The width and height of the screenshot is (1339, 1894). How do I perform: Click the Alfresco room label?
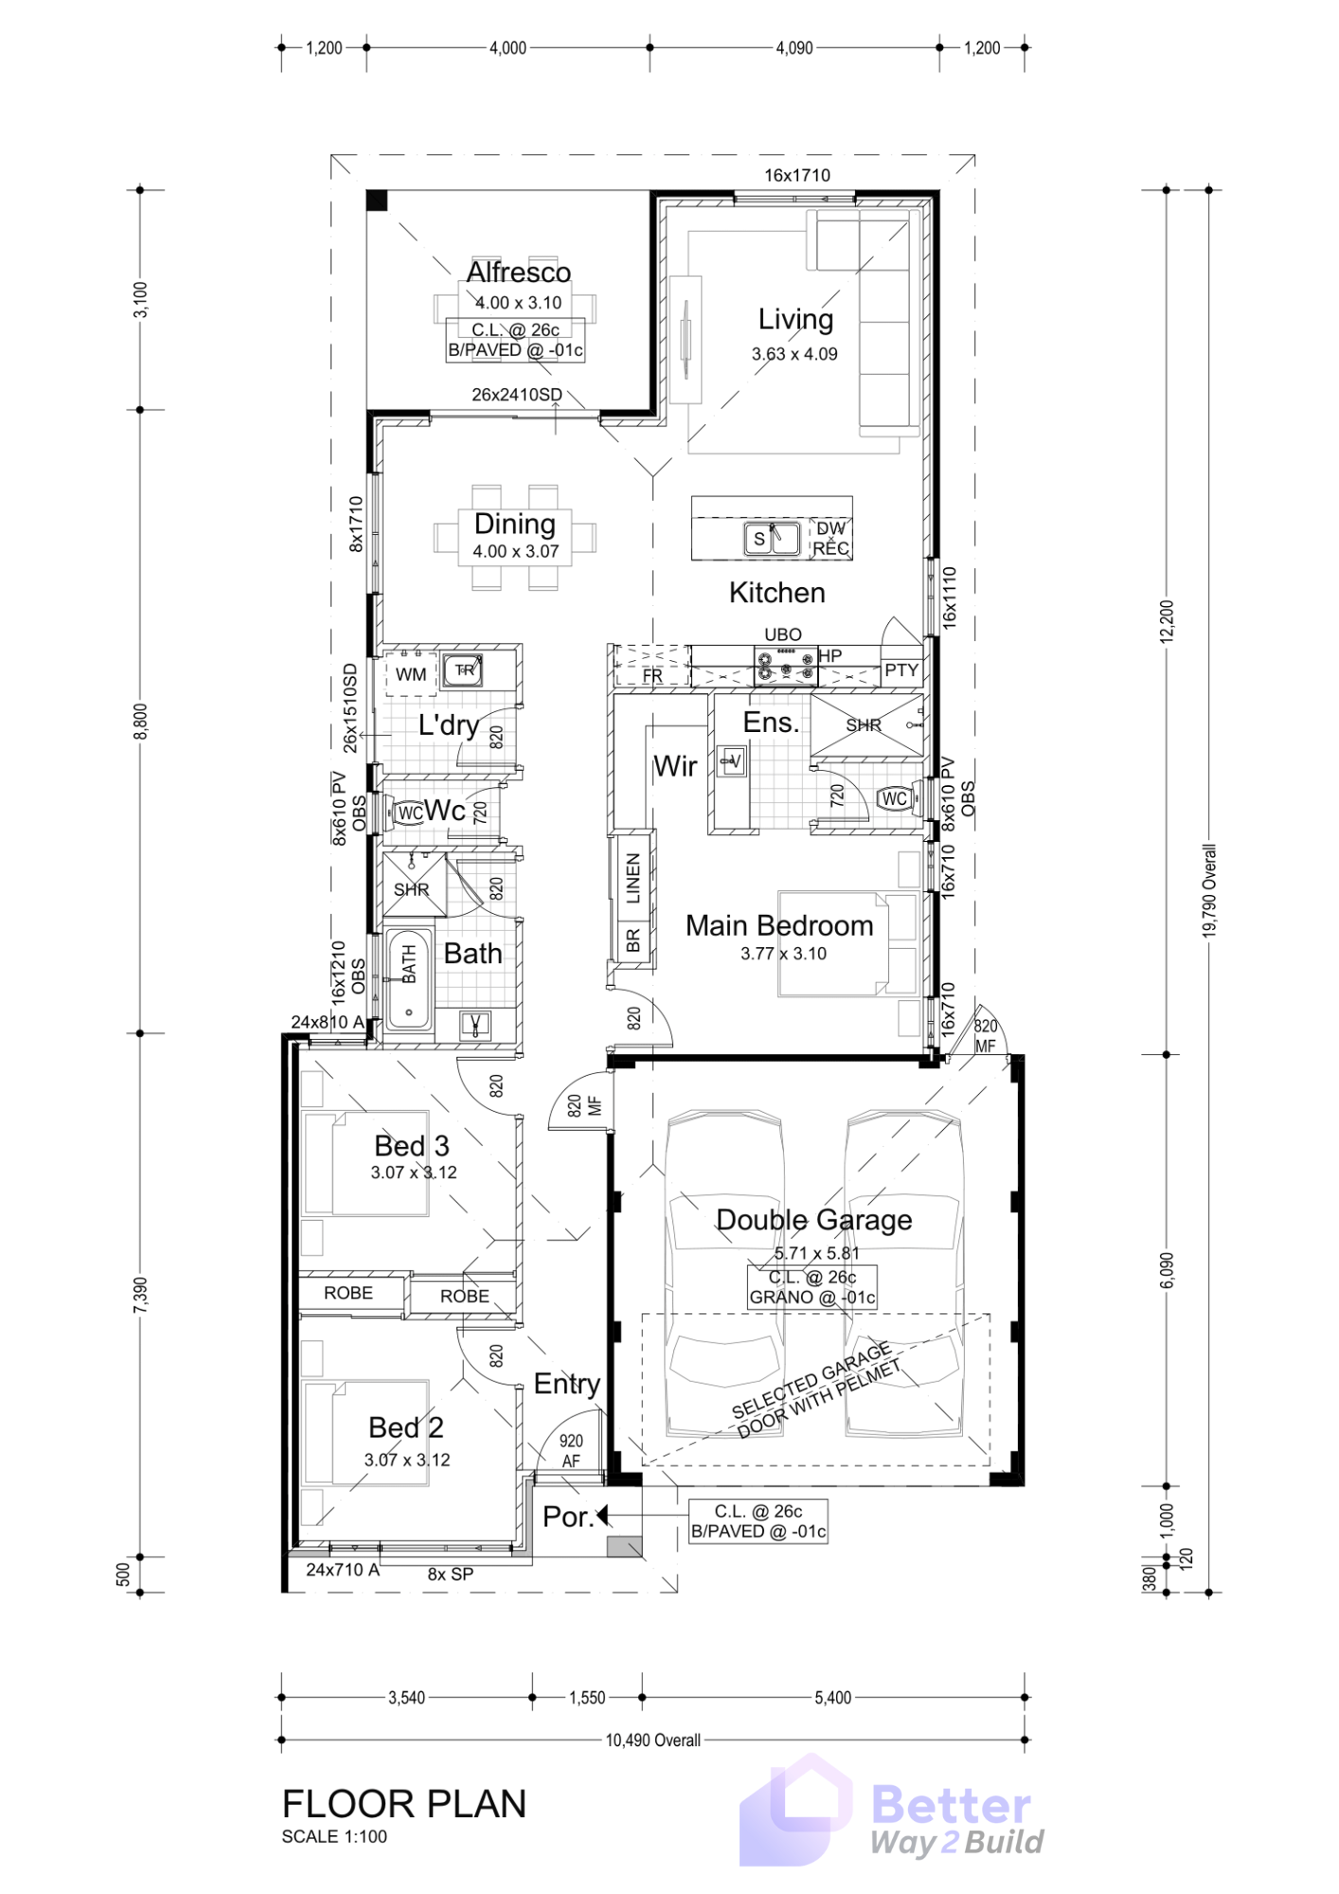[519, 273]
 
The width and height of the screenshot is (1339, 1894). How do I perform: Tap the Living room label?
[795, 320]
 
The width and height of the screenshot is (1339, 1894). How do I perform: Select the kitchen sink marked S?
[773, 539]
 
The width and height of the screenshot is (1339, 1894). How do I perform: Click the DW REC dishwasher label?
[830, 538]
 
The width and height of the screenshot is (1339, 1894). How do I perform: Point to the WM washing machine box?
[411, 674]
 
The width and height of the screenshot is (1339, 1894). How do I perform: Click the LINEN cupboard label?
[634, 877]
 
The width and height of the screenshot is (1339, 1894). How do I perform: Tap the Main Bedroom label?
[779, 925]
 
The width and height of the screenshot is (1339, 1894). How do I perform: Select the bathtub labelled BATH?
[409, 980]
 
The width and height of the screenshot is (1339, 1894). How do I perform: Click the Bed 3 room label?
[412, 1146]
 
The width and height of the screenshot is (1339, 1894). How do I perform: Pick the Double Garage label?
[814, 1220]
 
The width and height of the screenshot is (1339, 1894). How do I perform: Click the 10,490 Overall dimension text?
[653, 1740]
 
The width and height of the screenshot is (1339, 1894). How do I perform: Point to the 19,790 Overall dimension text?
[1209, 890]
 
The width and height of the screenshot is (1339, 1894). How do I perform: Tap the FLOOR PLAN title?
[404, 1804]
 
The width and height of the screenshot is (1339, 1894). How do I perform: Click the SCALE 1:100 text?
[334, 1836]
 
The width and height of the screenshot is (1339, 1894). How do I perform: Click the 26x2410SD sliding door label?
[517, 395]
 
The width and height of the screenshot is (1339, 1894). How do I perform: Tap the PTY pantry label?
[902, 670]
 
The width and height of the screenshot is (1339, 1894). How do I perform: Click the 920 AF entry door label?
[571, 1450]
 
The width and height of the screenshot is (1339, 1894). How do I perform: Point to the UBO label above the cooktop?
[783, 634]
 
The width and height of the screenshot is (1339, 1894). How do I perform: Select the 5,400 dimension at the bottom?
[833, 1698]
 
